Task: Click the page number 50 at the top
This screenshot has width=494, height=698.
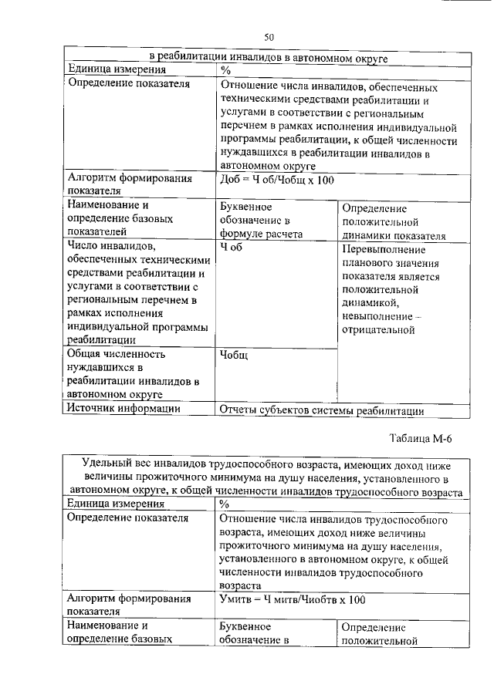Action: [269, 36]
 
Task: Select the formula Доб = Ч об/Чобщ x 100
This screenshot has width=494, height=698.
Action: [277, 180]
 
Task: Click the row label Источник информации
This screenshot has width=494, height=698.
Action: [123, 409]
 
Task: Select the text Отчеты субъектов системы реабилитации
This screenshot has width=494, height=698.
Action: [322, 410]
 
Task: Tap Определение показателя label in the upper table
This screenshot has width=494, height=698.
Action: [128, 84]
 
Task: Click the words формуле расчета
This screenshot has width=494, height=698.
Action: [261, 234]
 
